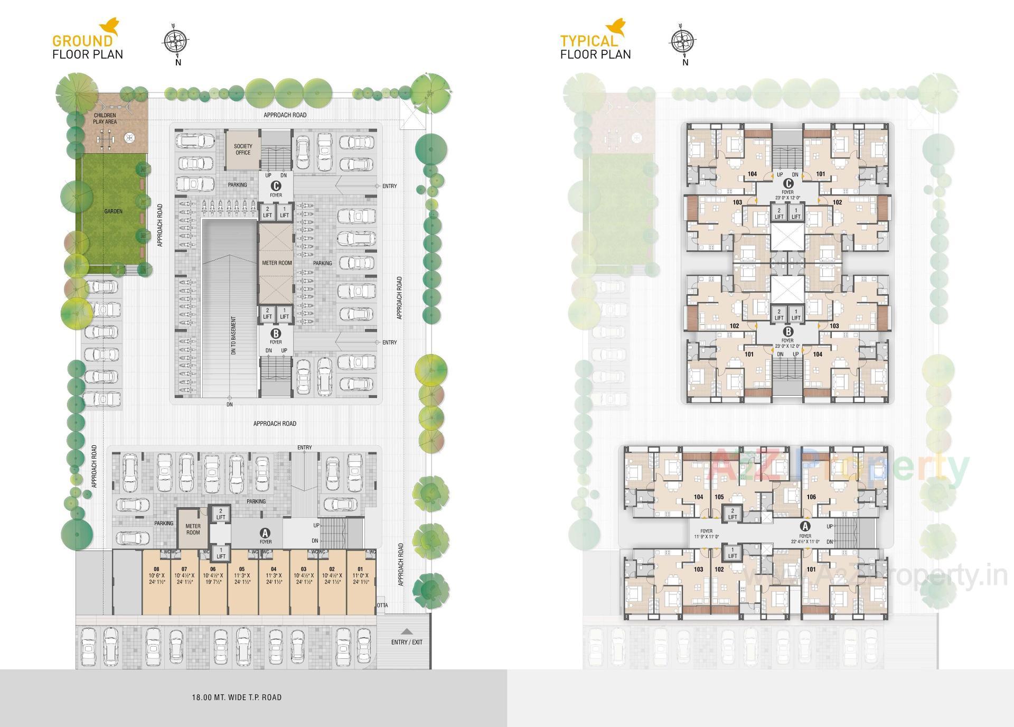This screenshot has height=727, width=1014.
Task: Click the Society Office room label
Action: pos(243,150)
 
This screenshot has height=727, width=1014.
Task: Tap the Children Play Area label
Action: pos(105,118)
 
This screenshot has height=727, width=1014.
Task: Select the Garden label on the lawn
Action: pos(113,211)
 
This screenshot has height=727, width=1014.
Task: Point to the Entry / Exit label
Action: pos(407,642)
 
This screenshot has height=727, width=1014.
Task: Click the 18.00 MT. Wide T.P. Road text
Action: pos(237,697)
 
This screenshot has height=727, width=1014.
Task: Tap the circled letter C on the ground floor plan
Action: pos(276,186)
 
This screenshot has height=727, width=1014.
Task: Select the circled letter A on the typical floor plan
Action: pos(805,526)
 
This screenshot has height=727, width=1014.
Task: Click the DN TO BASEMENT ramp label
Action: pos(233,335)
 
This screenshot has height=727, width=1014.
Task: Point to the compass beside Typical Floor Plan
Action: pos(684,41)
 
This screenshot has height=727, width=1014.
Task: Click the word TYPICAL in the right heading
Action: pos(589,41)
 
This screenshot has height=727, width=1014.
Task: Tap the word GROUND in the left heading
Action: pos(82,41)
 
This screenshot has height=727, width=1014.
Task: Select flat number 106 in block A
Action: pos(811,497)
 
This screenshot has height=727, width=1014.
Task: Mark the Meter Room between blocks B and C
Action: pos(277,263)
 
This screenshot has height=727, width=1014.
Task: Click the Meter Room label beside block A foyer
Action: pos(193,529)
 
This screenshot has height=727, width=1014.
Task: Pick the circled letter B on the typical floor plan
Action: pos(788,332)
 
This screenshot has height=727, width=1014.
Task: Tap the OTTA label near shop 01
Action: pos(382,605)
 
